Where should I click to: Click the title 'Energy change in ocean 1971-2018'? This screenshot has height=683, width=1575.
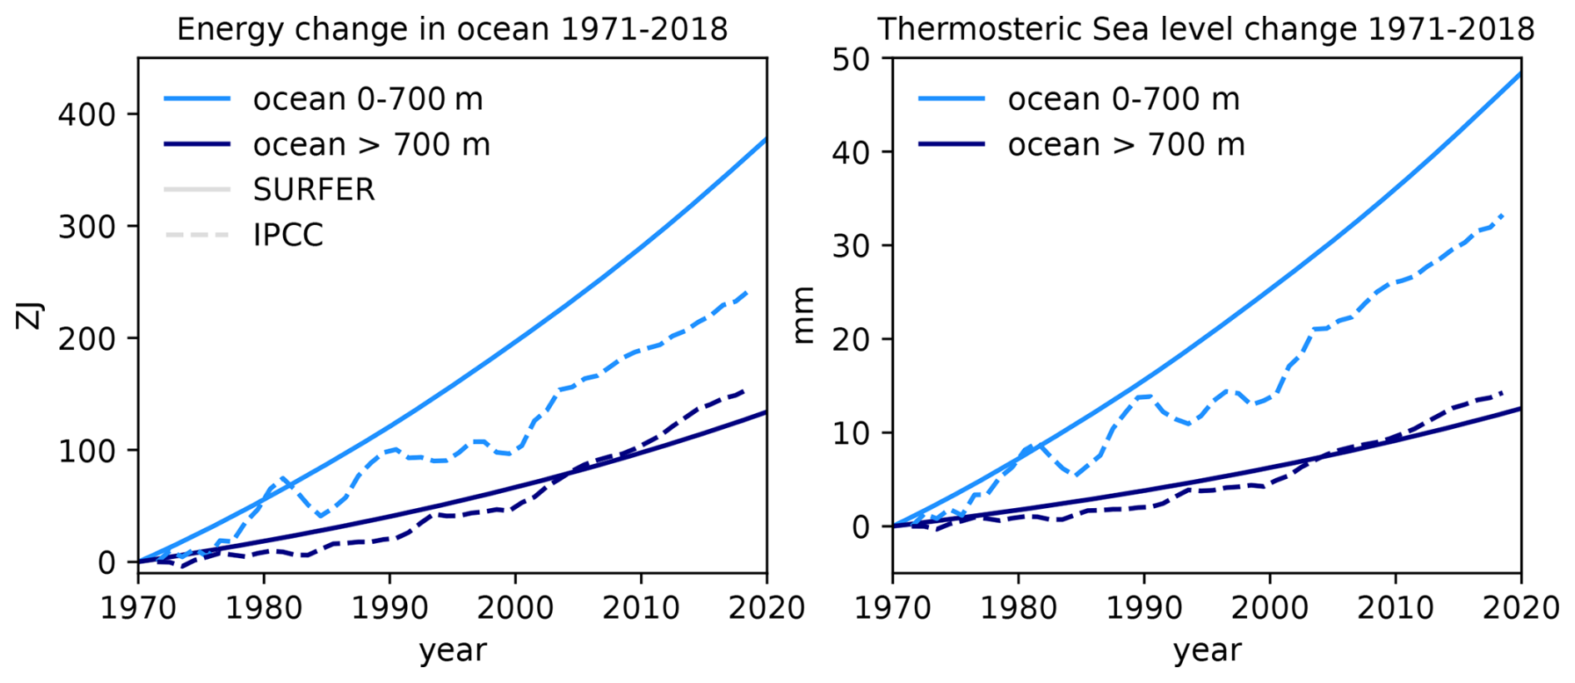point(452,29)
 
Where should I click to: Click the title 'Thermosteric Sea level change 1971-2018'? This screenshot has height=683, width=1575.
point(1205,29)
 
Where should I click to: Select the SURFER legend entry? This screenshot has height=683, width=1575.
point(314,190)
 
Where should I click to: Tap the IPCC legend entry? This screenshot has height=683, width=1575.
point(287,235)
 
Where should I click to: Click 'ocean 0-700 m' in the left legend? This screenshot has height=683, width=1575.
point(367,99)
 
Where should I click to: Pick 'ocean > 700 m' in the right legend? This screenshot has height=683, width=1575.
point(1125,145)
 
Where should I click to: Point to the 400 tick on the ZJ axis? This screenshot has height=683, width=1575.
point(87,114)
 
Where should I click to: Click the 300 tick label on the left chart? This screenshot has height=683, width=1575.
point(87,227)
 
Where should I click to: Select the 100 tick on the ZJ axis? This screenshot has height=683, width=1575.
point(87,451)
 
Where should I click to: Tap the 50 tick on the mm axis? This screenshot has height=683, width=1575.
point(850,59)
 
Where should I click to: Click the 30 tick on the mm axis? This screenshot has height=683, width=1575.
point(850,246)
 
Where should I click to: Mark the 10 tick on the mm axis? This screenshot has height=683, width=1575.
point(850,433)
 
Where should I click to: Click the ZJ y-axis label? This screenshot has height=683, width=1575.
point(30,316)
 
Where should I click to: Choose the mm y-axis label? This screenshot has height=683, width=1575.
point(803,316)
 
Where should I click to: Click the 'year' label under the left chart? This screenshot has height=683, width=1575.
point(452,651)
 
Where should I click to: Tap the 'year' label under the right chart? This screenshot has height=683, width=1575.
point(1207,651)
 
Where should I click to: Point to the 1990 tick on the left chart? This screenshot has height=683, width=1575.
point(390,607)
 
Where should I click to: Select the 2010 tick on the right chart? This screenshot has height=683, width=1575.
point(1395,607)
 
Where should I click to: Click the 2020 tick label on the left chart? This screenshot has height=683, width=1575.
point(766,607)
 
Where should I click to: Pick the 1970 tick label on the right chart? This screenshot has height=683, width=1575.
point(892,607)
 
